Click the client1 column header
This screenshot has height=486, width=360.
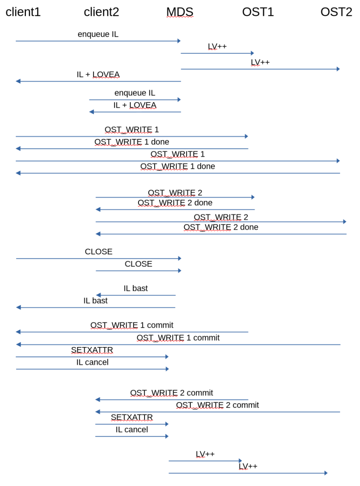coord(23,12)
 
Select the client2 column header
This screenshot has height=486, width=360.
coord(101,12)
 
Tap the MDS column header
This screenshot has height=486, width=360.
coord(179,12)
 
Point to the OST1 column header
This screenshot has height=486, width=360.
coord(258,12)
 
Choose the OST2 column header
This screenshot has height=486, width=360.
coord(336,12)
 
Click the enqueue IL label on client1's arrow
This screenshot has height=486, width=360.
coord(98,34)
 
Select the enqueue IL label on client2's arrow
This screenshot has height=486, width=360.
coord(134,93)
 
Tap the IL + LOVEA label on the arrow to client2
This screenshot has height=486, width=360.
coord(134,105)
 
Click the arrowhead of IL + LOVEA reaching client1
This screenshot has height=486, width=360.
coord(18,81)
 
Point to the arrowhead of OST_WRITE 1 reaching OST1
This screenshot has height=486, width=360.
coord(246,136)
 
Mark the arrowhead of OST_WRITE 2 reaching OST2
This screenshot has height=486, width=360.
coord(345,222)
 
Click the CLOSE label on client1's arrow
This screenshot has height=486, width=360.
coord(98,252)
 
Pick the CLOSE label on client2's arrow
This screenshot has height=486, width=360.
coord(138,264)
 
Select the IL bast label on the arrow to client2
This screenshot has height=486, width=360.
coord(136,288)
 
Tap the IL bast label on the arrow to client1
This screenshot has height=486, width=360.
coord(96,301)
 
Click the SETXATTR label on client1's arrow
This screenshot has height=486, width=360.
coord(92,350)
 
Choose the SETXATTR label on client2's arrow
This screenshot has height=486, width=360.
coord(132,417)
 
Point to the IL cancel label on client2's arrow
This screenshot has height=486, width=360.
coord(132,429)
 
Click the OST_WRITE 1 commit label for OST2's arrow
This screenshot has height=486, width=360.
coord(178,338)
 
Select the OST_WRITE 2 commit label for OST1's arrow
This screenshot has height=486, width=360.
coord(171,393)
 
